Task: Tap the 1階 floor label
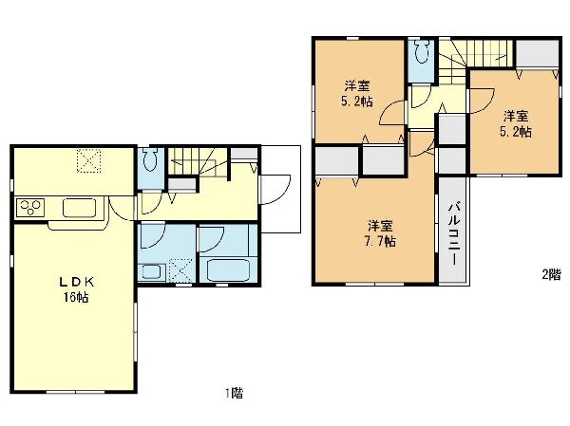point(234,393)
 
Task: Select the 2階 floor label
point(551,274)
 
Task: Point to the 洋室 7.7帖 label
point(380,233)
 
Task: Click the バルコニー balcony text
point(454,234)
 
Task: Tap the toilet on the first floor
point(149,158)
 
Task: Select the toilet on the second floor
point(421,51)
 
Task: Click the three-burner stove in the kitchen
point(29,208)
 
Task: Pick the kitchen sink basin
point(79,208)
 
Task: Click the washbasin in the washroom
point(151,271)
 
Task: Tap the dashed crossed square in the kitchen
point(88,161)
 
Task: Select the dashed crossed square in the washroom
point(181,269)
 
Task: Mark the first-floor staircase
point(197,163)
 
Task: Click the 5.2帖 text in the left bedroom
point(357,101)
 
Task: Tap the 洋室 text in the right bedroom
point(516,117)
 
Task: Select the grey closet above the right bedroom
point(538,53)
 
